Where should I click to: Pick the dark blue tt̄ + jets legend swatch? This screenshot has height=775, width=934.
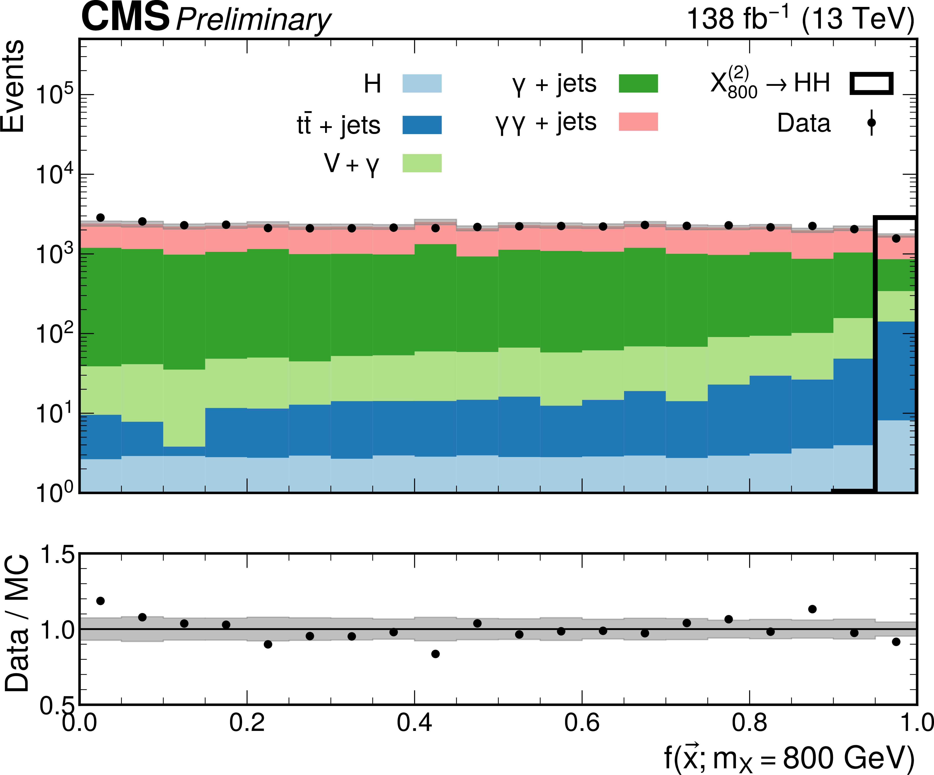pyautogui.click(x=422, y=125)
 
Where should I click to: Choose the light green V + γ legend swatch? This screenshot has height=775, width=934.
pyautogui.click(x=422, y=163)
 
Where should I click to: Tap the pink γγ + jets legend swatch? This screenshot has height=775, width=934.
pyautogui.click(x=638, y=121)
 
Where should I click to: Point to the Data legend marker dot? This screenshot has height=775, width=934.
pyautogui.click(x=871, y=122)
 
